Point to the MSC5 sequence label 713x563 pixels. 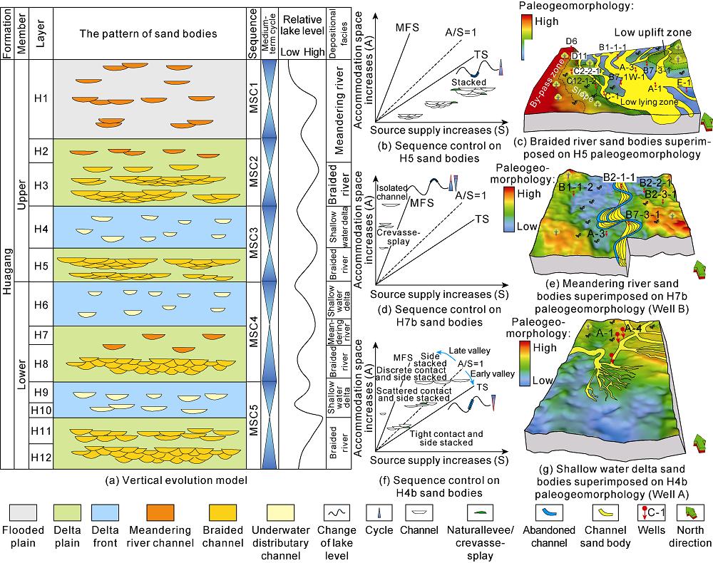[253, 422]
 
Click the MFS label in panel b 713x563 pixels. [407, 28]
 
